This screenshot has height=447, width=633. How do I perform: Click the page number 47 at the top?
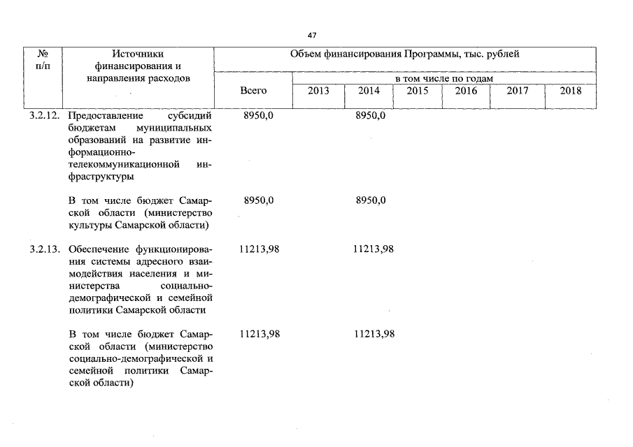(312, 35)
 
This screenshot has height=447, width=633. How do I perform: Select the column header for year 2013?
(318, 91)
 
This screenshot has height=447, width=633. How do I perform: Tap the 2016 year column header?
(466, 91)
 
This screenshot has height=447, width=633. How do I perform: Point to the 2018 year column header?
(571, 91)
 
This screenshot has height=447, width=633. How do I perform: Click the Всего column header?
(253, 91)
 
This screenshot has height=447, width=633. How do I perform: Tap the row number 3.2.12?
(45, 115)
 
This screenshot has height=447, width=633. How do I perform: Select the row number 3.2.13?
(45, 249)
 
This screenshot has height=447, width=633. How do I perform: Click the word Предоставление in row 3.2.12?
(106, 115)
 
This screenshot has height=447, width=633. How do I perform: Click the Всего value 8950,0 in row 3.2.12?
(259, 115)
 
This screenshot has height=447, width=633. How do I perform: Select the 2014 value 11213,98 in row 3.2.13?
(374, 249)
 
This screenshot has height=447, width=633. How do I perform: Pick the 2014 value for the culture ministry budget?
(371, 200)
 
